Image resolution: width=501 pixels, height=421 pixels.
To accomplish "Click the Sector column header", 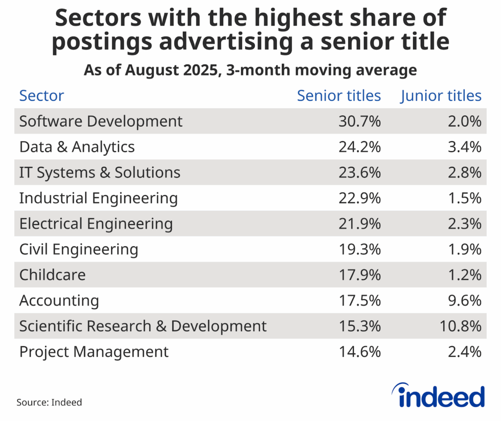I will click(42, 96).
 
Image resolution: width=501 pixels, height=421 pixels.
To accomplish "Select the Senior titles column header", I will click(339, 96).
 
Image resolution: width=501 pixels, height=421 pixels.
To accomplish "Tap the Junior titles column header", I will click(441, 96).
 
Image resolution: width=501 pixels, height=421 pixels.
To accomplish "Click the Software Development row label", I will click(101, 121).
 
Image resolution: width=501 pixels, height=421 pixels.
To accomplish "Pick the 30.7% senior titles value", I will click(360, 121).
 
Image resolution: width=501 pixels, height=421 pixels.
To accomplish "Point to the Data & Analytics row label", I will click(77, 147).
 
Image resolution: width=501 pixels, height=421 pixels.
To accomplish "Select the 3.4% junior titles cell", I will click(465, 147).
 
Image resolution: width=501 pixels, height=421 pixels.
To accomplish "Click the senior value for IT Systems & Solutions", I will click(360, 173).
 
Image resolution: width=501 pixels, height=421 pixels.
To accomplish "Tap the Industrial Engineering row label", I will click(98, 198).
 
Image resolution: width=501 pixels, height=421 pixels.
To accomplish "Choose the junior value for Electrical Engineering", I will click(465, 223).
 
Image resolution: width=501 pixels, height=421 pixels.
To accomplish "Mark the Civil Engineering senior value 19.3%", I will click(360, 249).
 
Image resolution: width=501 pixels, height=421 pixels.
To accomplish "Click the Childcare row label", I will click(52, 275).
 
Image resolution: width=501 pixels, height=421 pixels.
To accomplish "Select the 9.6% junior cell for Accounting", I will click(465, 300).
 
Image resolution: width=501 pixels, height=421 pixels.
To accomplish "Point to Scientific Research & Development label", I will click(143, 326).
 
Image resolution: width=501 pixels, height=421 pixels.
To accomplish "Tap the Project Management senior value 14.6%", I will click(360, 352).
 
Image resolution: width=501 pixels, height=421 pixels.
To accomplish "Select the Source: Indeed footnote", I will click(49, 402).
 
